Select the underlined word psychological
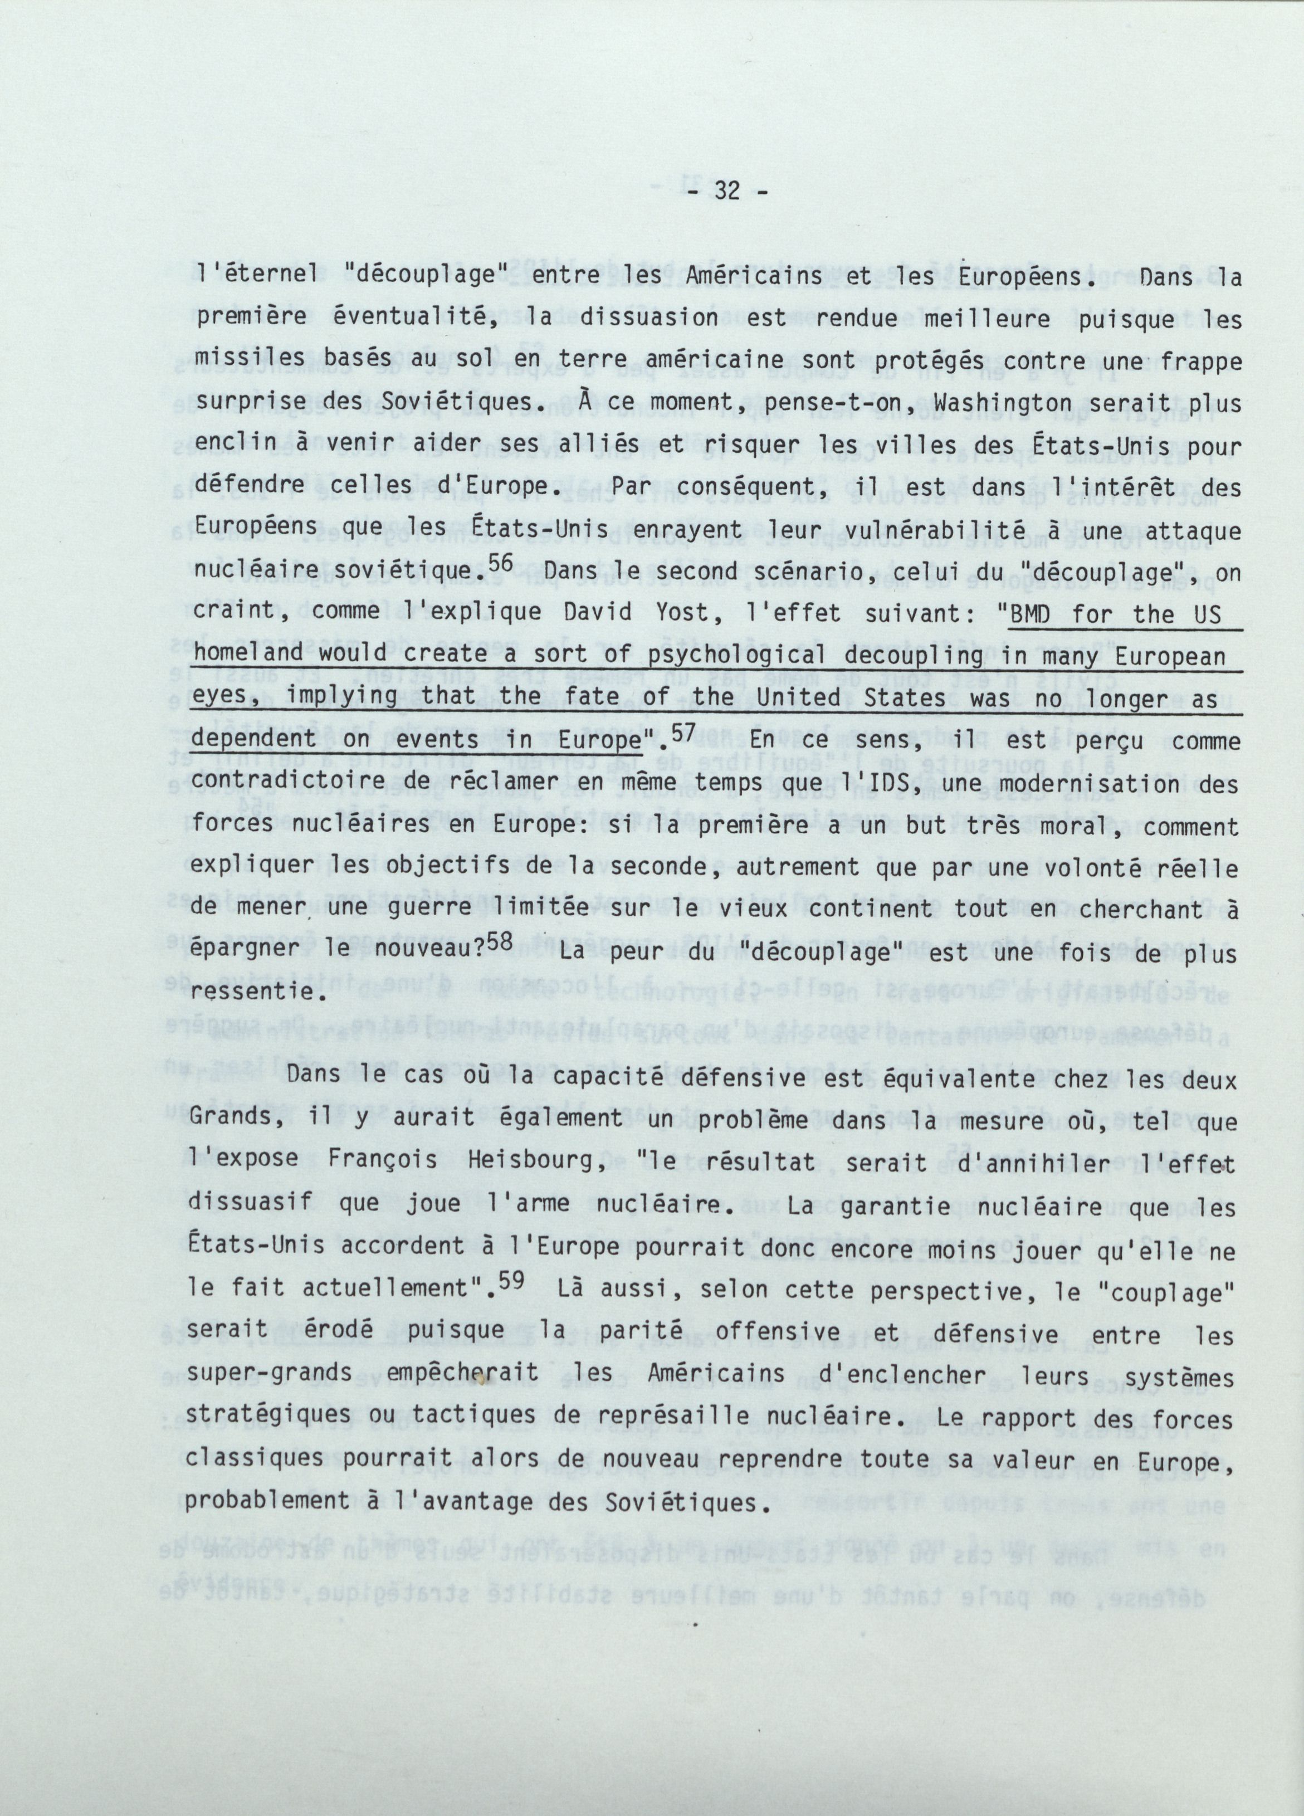[734, 657]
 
